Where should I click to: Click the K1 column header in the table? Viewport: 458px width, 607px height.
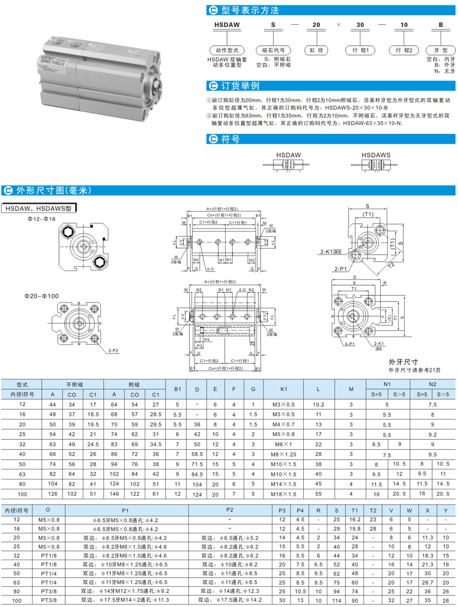coord(283,389)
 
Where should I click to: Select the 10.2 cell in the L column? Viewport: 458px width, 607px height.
coord(318,405)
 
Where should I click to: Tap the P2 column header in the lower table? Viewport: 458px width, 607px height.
coord(230,509)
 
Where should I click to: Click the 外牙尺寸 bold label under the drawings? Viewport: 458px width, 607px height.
coord(399,362)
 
